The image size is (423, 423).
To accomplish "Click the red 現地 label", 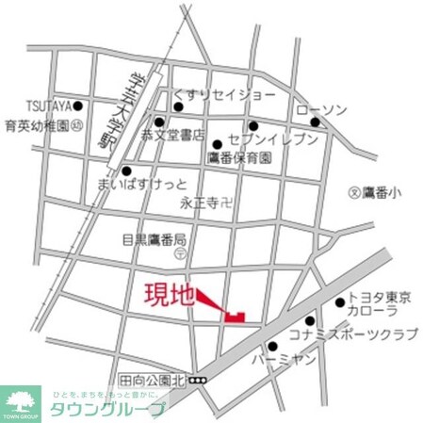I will tap(170, 295).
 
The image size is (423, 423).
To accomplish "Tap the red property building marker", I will tap(236, 316).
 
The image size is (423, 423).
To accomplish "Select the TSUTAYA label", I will tap(29, 106).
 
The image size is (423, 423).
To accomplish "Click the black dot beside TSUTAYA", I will tap(78, 106).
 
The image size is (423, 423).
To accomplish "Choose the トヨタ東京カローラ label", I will tap(380, 304).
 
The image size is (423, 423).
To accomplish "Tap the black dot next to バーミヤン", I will tap(272, 347).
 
